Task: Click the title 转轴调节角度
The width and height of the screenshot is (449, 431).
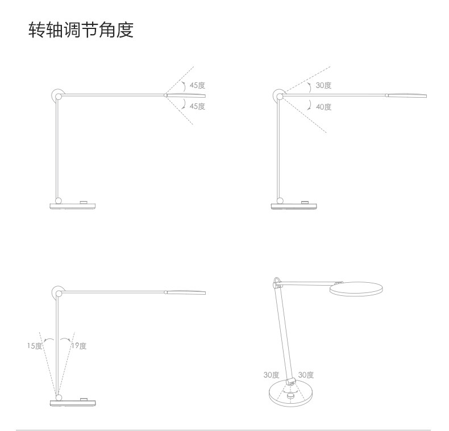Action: (81, 30)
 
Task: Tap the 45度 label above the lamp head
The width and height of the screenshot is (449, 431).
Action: (197, 85)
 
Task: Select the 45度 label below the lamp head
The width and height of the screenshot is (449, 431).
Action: (197, 106)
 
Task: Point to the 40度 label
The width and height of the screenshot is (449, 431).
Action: (323, 106)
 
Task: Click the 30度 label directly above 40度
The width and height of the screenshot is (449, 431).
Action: (323, 85)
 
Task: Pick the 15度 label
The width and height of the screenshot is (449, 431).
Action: (35, 345)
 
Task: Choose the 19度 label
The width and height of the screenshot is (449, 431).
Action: (79, 345)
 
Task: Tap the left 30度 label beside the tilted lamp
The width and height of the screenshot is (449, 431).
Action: (271, 375)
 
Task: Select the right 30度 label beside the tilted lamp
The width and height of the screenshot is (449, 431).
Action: (306, 375)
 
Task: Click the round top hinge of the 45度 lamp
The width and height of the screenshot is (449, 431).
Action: (57, 95)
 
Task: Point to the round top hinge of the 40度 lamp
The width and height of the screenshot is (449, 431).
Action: (279, 95)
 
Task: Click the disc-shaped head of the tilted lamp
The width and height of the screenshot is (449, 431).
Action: (355, 290)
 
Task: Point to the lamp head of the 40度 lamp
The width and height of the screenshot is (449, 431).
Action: (406, 95)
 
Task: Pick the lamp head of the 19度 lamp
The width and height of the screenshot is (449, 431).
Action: (186, 293)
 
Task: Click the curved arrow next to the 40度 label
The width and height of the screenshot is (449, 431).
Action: (309, 104)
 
